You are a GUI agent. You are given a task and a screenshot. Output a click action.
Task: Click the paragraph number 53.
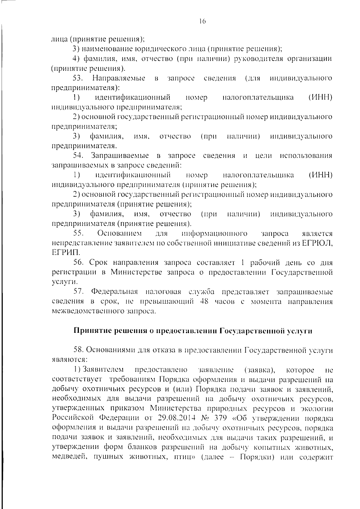point(78,79)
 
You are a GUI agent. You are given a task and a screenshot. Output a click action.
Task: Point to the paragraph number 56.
point(78,263)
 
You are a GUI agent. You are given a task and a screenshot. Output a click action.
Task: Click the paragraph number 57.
point(78,292)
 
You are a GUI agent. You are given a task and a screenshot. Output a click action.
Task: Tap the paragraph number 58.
point(78,350)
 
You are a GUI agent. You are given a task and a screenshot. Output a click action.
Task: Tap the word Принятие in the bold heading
point(89,331)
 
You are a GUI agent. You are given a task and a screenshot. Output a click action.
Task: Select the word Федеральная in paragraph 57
point(115,292)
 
